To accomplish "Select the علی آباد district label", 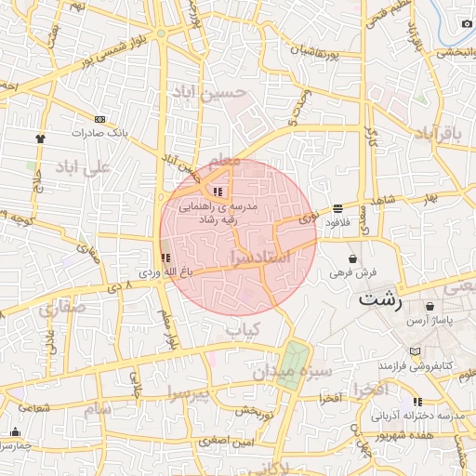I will [83, 167].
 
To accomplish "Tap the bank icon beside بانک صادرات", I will [100, 119].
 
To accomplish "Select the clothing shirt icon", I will [40, 139].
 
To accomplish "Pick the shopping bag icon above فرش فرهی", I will [353, 258].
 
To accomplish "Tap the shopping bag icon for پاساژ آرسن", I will [429, 306].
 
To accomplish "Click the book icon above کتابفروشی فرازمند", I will [414, 352].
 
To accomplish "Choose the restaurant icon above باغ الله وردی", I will [165, 258].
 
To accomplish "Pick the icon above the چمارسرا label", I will [15, 432].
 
